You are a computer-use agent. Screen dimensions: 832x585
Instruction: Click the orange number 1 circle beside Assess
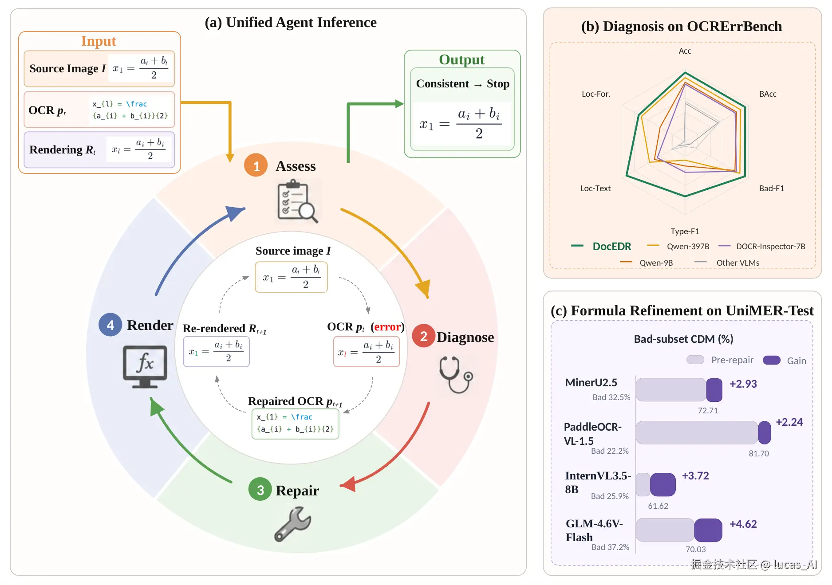(256, 165)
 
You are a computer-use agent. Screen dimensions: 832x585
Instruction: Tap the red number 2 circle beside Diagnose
(424, 336)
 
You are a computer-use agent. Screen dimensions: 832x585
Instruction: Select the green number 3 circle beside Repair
(260, 489)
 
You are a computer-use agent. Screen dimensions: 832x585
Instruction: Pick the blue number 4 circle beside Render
(110, 325)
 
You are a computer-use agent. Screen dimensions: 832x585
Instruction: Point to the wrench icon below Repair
(292, 525)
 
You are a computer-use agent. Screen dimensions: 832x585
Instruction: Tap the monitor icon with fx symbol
(145, 367)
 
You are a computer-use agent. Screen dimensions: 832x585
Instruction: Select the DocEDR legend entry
(601, 246)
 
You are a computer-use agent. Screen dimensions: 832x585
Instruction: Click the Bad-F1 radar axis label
(772, 188)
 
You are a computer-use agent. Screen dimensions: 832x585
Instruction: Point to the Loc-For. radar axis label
(596, 94)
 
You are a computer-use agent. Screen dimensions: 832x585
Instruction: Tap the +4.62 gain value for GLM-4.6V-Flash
(743, 524)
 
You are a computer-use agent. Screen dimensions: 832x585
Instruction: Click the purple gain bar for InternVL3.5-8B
(663, 484)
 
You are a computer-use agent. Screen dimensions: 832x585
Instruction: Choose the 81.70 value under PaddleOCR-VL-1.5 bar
(759, 453)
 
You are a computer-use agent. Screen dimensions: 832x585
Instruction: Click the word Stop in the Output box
(498, 84)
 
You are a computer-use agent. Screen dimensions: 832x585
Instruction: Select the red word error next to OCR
(387, 327)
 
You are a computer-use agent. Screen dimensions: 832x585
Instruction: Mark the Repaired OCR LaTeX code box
(296, 424)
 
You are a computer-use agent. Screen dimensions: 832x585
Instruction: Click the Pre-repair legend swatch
(695, 360)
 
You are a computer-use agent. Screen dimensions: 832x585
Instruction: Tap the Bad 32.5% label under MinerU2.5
(611, 397)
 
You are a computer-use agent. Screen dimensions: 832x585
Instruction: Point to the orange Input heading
(99, 41)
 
